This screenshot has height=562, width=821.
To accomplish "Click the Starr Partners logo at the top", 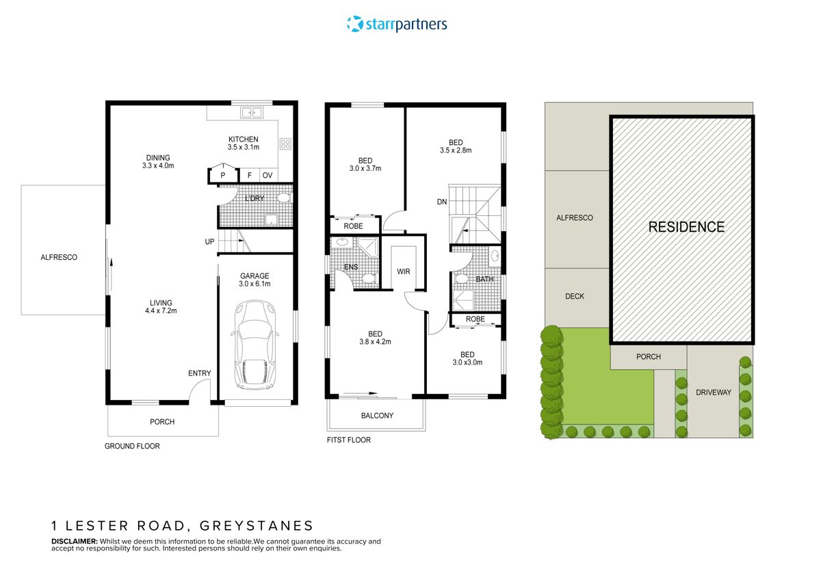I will click(x=397, y=25).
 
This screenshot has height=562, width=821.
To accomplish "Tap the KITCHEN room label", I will click(x=244, y=139).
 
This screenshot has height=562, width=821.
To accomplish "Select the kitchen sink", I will click(x=251, y=113).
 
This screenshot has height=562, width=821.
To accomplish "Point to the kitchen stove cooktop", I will click(x=285, y=144).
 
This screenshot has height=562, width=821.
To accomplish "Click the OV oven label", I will click(x=268, y=176).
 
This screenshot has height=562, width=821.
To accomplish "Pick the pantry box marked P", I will click(x=223, y=176).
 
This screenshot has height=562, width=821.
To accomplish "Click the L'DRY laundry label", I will click(x=255, y=198).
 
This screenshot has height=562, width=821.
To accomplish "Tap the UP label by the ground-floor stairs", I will click(x=209, y=241).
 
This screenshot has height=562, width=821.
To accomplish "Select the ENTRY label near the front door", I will click(x=200, y=373).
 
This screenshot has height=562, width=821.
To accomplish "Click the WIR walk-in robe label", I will click(x=404, y=271).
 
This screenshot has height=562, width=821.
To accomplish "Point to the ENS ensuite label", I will click(x=350, y=267).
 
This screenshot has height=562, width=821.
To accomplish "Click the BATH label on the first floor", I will click(x=484, y=279).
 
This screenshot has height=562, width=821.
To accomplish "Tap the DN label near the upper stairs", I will click(x=443, y=202).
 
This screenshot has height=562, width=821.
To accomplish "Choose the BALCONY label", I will click(x=377, y=416).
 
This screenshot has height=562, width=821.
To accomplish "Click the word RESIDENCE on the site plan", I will click(x=686, y=227).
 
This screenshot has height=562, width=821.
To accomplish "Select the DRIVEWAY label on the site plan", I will click(x=714, y=392).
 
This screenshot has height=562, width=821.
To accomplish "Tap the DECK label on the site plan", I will click(x=575, y=297).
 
